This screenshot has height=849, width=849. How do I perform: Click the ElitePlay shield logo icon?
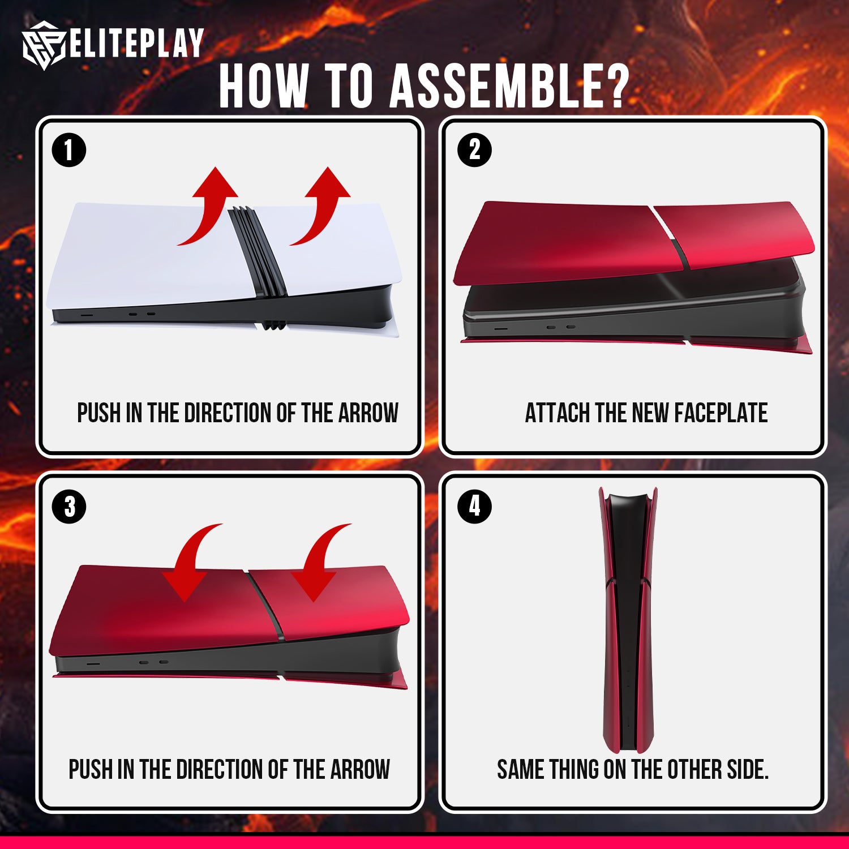point(44,45)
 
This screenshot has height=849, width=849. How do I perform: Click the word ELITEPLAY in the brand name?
point(136,43)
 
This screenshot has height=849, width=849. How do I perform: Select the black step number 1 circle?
point(69,151)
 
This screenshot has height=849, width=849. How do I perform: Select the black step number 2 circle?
point(474,151)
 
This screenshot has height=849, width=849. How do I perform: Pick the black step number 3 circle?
point(69,507)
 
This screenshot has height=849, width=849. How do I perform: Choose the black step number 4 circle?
point(474,507)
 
